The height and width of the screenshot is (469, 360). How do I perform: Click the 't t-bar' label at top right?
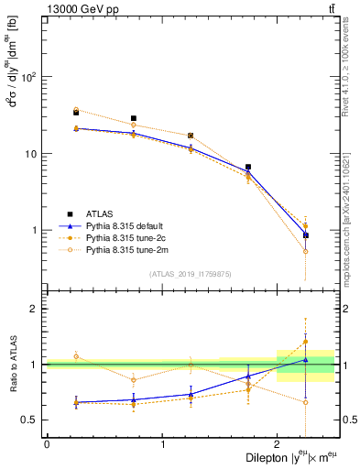click(x=330, y=8)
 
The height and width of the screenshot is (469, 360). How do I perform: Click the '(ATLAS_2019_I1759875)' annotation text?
click(x=191, y=274)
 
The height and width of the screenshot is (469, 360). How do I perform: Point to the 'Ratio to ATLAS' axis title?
click(x=14, y=365)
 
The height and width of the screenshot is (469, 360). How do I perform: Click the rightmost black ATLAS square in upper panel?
click(x=306, y=235)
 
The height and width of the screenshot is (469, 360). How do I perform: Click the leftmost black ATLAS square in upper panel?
click(x=76, y=113)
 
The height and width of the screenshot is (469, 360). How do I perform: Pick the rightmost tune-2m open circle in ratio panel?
click(x=306, y=402)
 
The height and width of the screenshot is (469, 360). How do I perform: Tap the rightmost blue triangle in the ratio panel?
click(x=306, y=360)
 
